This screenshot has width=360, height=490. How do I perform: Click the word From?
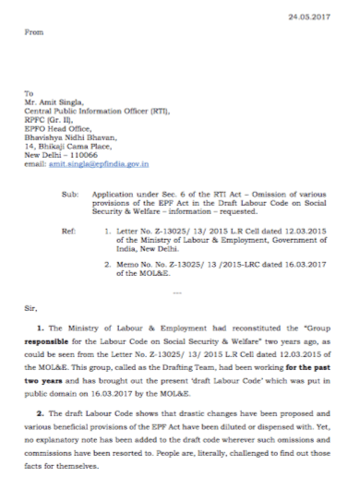pos(34,32)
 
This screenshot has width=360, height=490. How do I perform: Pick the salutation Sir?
pos(30,311)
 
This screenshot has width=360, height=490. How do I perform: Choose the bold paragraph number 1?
pos(38,329)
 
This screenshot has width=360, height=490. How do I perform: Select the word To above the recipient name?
pos(29,91)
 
